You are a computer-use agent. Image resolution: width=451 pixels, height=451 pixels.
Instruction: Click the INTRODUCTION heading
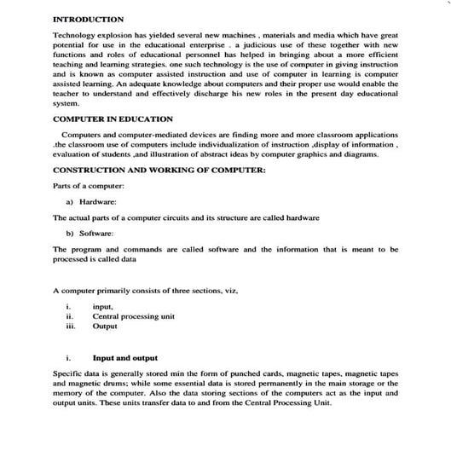point(88,19)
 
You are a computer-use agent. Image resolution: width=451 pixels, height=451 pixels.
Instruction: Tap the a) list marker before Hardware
point(69,201)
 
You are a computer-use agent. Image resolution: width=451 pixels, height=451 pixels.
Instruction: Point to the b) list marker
point(69,233)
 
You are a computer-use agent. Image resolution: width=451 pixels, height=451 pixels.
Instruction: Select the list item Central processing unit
point(133,316)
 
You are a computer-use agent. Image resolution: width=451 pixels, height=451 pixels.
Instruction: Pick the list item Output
point(105,326)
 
